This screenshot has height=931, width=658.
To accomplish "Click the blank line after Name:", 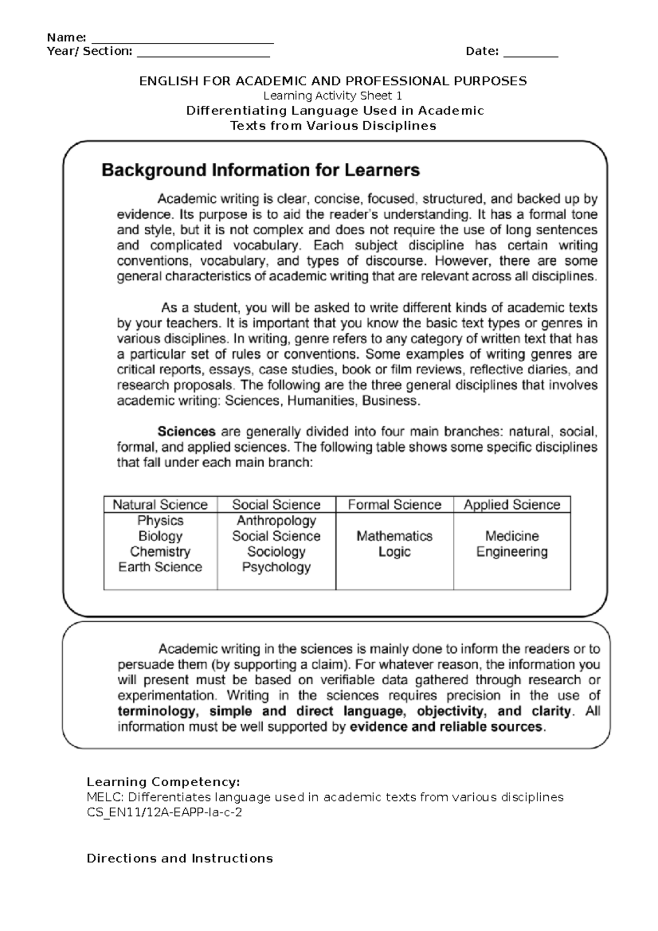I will point(183,41).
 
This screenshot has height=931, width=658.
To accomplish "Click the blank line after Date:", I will point(530,54).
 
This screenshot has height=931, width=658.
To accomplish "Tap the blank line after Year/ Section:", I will point(203,54).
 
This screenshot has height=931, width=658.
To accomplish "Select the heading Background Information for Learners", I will point(260,171).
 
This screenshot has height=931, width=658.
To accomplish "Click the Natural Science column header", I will point(160,504).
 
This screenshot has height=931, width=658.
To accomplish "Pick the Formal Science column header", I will point(394,504).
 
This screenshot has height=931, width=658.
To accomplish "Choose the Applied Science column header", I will point(512,504).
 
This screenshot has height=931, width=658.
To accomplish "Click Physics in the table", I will point(160,520).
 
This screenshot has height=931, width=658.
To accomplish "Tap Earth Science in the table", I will point(160,567).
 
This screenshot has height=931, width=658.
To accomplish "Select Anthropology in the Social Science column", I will point(276,520).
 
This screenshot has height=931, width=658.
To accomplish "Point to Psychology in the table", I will point(276,567).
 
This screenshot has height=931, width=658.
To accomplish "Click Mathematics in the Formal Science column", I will point(394,536).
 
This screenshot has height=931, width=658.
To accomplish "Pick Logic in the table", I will point(394,552).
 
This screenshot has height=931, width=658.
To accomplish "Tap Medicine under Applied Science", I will point(512,536).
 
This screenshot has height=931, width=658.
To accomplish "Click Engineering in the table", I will point(512,552).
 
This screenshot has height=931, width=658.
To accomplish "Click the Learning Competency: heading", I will point(163,781).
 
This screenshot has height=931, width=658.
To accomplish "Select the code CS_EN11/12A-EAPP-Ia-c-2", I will point(164,813).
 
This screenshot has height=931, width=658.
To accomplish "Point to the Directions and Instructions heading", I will point(180,858).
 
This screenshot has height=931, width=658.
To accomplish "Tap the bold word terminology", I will point(156,712).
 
